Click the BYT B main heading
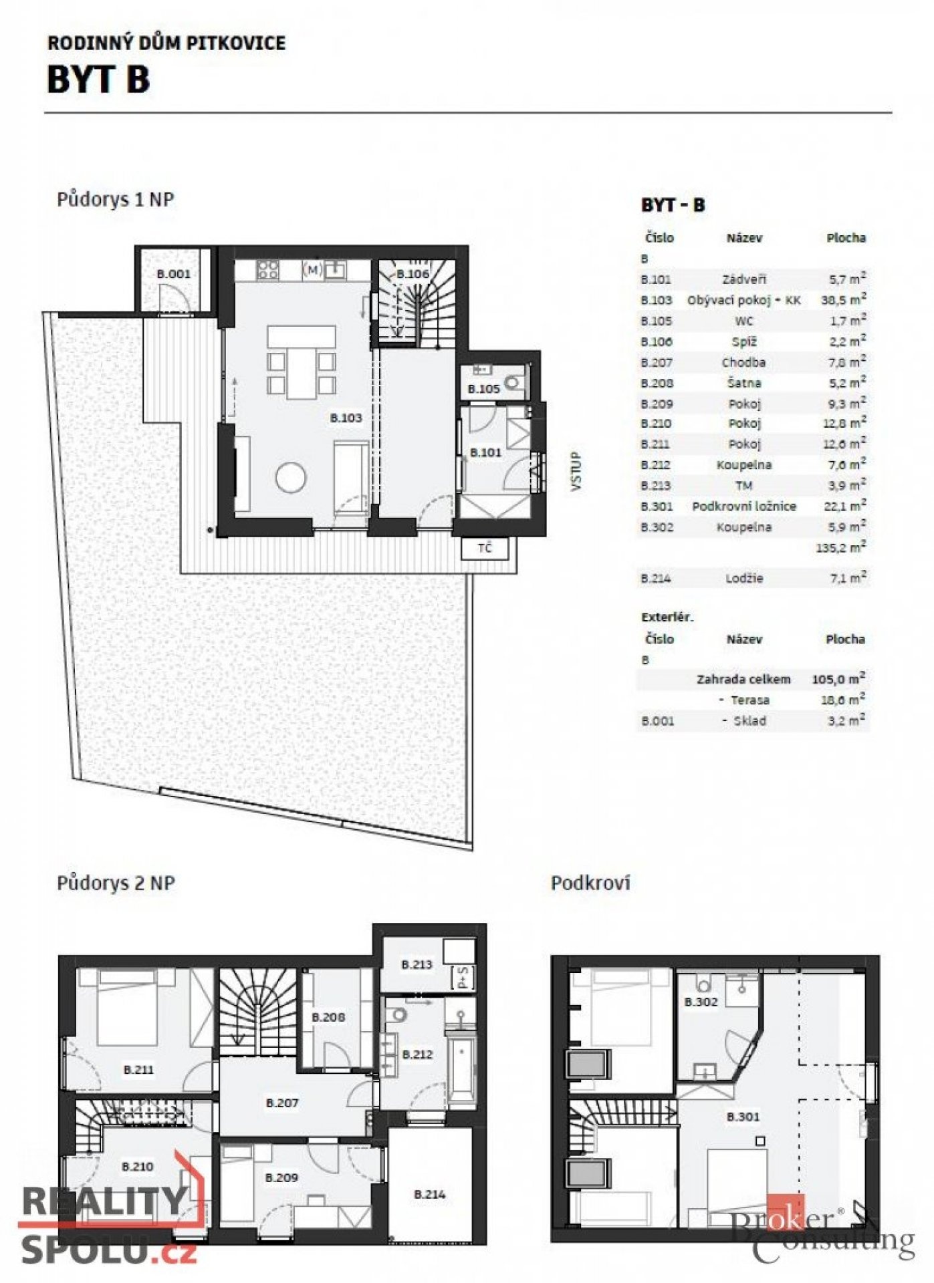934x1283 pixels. click(x=98, y=79)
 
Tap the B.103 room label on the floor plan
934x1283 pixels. click(x=346, y=418)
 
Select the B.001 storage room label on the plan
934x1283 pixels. click(x=173, y=273)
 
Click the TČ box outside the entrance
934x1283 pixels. click(x=485, y=549)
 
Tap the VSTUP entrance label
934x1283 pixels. click(x=576, y=472)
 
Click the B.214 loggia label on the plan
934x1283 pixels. click(x=429, y=1193)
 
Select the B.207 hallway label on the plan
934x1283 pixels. click(x=282, y=1103)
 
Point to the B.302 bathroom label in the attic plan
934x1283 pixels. click(x=701, y=1002)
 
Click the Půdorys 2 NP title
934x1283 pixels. click(x=116, y=883)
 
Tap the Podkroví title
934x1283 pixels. click(x=590, y=883)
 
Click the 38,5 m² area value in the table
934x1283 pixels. click(x=844, y=299)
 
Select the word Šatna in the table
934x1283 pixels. click(x=744, y=383)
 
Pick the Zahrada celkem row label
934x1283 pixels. click(x=743, y=680)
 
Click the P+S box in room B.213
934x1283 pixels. click(x=463, y=977)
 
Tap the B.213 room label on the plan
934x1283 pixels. click(x=417, y=964)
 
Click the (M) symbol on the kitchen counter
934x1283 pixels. click(x=313, y=270)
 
